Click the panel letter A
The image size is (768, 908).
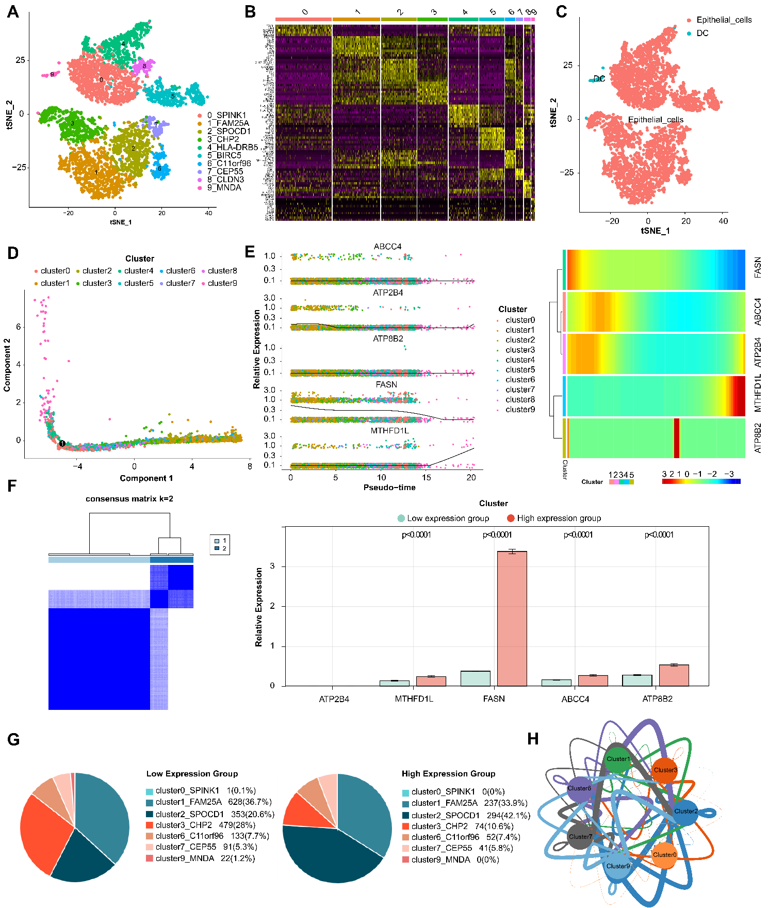pos(13,11)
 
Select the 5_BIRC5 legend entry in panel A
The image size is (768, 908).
pos(224,155)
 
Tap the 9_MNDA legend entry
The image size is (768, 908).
pos(224,187)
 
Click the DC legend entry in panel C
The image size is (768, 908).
pos(702,33)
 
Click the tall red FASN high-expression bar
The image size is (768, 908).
pos(512,619)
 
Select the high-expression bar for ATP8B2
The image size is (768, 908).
pos(674,675)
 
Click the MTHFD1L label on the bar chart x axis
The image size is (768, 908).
pos(414,699)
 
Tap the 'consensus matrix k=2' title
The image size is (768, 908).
pos(129,499)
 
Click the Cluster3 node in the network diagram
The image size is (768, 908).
pos(664,770)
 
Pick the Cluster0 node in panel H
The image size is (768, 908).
pos(664,855)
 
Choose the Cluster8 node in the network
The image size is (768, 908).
pos(579,788)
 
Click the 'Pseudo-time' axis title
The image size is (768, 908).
pos(389,488)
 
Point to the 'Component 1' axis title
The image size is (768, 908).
pos(146,478)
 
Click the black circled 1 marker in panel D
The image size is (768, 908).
pos(62,443)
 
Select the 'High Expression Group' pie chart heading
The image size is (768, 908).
pos(448,774)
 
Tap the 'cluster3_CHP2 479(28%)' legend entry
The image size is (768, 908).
pos(205,825)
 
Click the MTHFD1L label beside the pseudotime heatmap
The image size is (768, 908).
pos(758,396)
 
